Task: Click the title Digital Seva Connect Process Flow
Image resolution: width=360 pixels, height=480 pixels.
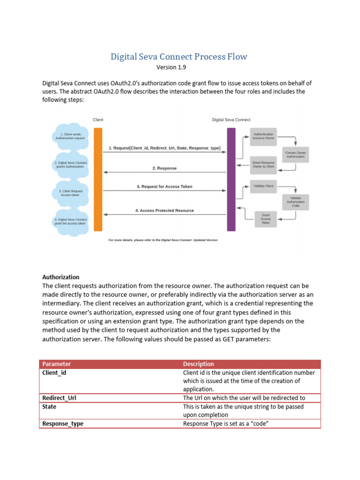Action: [179, 57]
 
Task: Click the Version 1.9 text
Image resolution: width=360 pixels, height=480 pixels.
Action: [171, 67]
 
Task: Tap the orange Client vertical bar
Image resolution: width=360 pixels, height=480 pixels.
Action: [98, 179]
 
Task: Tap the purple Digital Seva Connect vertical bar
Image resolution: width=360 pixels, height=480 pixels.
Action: [231, 179]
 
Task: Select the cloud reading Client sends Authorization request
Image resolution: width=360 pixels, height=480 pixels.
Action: [70, 136]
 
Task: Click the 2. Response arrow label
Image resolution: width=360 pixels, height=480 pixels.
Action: [165, 168]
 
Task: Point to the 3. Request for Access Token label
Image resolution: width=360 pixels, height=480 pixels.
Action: [165, 187]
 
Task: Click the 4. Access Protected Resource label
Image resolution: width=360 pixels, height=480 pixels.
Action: [165, 210]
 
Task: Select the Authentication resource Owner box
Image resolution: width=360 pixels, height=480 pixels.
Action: [263, 136]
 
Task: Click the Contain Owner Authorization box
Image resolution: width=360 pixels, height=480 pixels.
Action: [296, 155]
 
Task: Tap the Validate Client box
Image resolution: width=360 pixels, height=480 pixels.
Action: [263, 186]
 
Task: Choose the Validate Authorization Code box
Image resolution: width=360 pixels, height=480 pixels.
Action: [296, 202]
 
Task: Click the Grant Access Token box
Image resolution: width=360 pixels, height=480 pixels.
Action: [265, 219]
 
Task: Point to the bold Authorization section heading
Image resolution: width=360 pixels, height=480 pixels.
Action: [61, 277]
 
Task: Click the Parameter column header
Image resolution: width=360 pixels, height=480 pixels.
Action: [57, 364]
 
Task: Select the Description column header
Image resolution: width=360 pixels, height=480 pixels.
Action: [198, 364]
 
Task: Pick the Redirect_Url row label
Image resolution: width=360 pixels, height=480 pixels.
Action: [59, 398]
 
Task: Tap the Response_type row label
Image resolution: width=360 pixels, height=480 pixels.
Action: [63, 423]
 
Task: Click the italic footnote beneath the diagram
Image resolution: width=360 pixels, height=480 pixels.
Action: [163, 240]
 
